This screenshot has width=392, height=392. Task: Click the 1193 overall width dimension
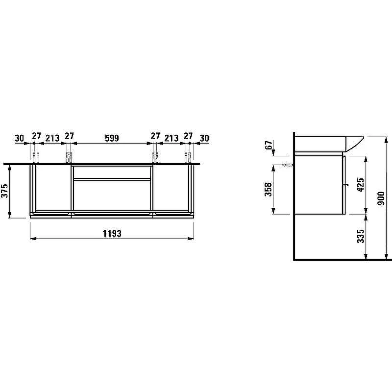112,233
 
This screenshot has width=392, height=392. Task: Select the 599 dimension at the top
112,138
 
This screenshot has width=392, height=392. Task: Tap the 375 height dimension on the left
5,191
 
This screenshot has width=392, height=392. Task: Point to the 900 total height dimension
381,198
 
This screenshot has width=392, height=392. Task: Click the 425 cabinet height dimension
361,185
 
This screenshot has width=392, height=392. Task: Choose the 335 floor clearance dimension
361,236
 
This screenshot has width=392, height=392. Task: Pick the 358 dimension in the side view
268,189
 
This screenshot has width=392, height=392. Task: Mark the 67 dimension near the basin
269,145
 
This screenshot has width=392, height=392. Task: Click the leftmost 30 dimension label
20,138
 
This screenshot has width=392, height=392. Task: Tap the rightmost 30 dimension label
204,138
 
